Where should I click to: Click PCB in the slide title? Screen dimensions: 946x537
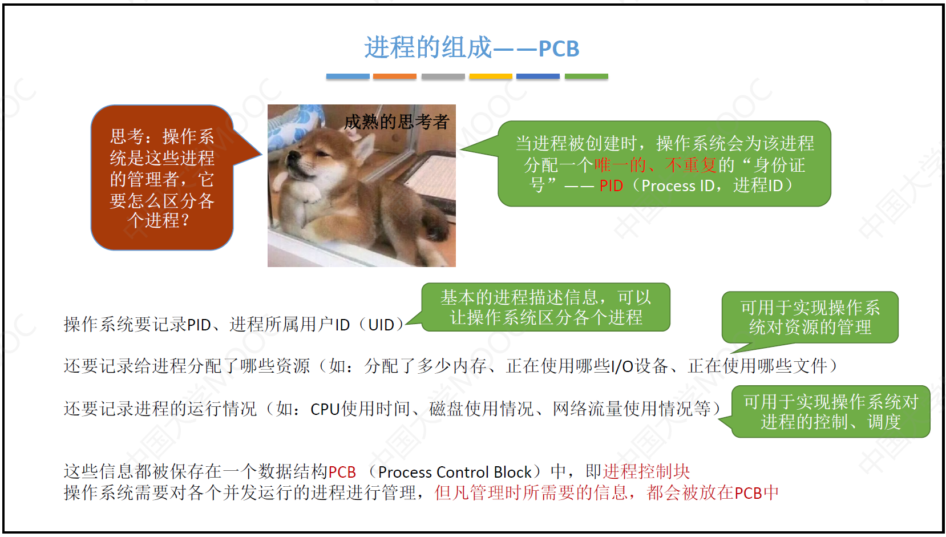tap(559, 49)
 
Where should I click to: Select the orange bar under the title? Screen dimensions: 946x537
tap(394, 76)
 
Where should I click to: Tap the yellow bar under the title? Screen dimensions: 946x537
tap(491, 76)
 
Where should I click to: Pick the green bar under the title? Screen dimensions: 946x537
tap(586, 76)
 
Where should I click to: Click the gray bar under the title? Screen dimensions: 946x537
tap(443, 76)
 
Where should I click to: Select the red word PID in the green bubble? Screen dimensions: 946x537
tap(611, 186)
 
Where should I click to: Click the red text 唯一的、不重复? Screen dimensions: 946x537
tap(655, 165)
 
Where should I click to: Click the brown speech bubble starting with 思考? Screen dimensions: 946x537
tap(163, 177)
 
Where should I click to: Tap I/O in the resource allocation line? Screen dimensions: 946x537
tap(622, 366)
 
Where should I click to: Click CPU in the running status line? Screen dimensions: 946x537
tap(325, 409)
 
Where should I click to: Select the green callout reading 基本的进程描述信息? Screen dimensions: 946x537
tap(545, 307)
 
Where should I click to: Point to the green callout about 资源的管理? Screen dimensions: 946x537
tap(810, 317)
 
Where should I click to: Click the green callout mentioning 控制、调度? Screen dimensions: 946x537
tap(830, 411)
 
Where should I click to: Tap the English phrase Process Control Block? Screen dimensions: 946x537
tap(454, 472)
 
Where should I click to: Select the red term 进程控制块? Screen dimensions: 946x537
tap(646, 471)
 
